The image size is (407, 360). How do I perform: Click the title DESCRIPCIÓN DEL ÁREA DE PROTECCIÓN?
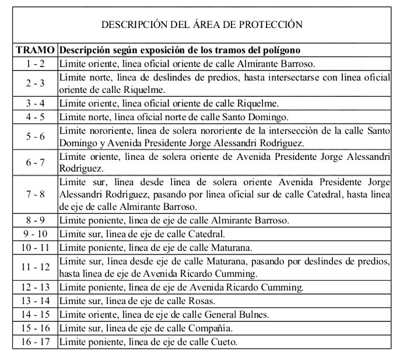pos(202,25)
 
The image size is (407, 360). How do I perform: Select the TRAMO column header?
pos(36,50)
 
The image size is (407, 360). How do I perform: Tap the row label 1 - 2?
pos(36,63)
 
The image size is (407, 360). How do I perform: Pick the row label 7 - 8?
pos(36,194)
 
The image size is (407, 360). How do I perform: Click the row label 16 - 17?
pos(36,342)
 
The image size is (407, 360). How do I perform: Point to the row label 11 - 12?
pos(36,267)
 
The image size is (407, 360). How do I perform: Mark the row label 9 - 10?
pos(36,234)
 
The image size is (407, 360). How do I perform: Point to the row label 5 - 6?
pos(36,137)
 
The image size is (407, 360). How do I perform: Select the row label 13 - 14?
pos(36,301)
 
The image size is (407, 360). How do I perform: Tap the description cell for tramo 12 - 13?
pos(181,288)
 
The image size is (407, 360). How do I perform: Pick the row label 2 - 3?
pos(36,83)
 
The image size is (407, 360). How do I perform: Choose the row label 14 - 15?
pos(36,314)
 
